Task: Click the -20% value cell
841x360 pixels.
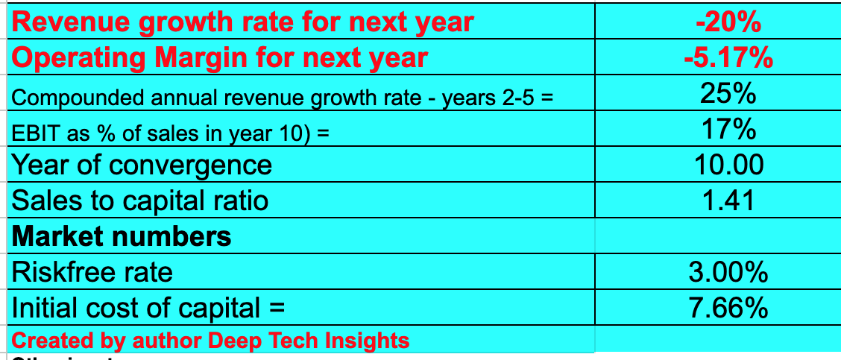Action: [728, 22]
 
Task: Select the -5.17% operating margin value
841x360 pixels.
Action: [728, 57]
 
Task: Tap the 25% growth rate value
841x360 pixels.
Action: [728, 95]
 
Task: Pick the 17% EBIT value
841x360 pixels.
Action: [728, 130]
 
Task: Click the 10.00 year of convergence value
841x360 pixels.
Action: [728, 165]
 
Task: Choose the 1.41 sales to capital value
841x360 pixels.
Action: [728, 200]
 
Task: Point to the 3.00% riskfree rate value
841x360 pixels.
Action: [728, 272]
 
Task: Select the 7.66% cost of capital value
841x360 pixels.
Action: [728, 307]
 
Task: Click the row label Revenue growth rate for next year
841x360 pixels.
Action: [243, 22]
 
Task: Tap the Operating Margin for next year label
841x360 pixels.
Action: [220, 57]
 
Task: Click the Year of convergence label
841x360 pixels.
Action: [142, 165]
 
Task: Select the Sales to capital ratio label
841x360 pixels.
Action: [140, 200]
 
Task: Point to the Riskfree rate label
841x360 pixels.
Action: [92, 272]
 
